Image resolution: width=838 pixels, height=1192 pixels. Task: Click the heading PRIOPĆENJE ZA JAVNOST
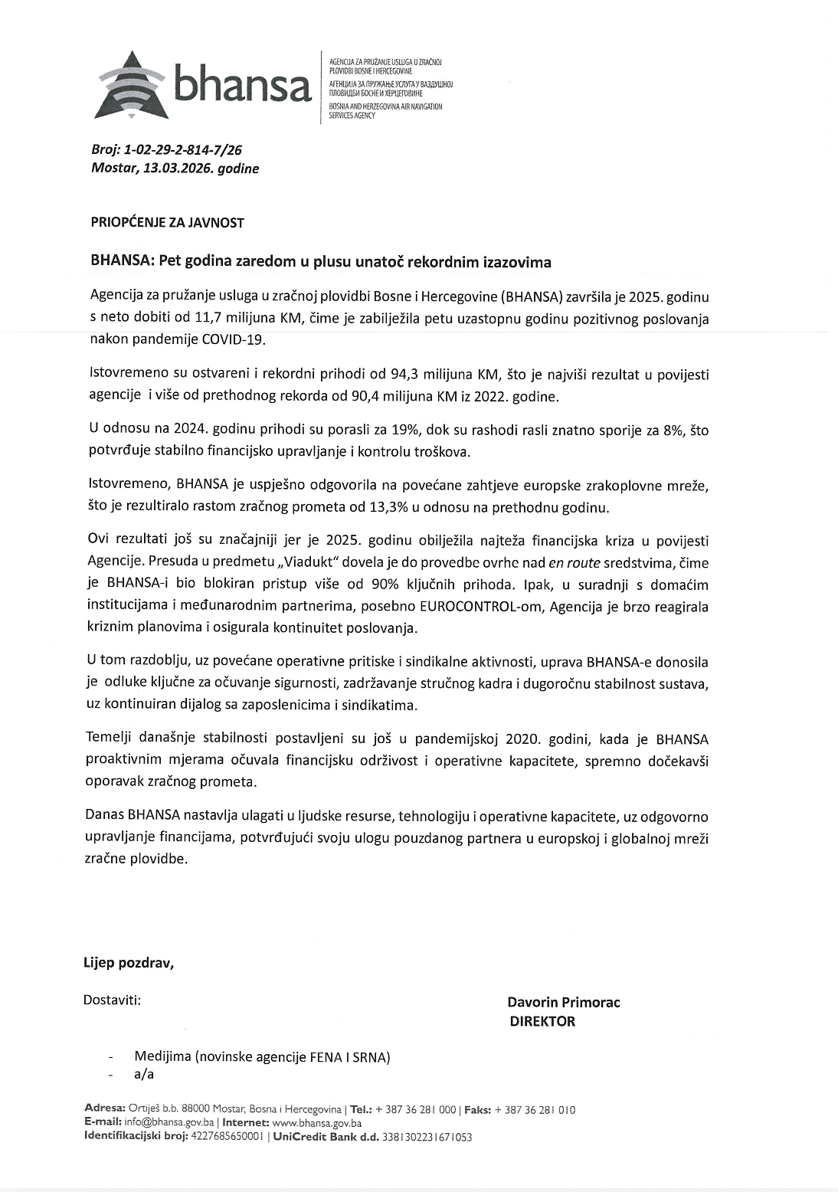167,223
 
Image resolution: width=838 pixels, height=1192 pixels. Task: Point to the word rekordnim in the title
440,262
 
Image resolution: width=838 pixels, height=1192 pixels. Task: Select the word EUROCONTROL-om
465,607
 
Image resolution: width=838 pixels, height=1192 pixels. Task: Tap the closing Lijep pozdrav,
129,963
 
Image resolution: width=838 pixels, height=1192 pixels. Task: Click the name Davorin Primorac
563,1002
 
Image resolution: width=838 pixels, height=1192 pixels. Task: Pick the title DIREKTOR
542,1021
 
